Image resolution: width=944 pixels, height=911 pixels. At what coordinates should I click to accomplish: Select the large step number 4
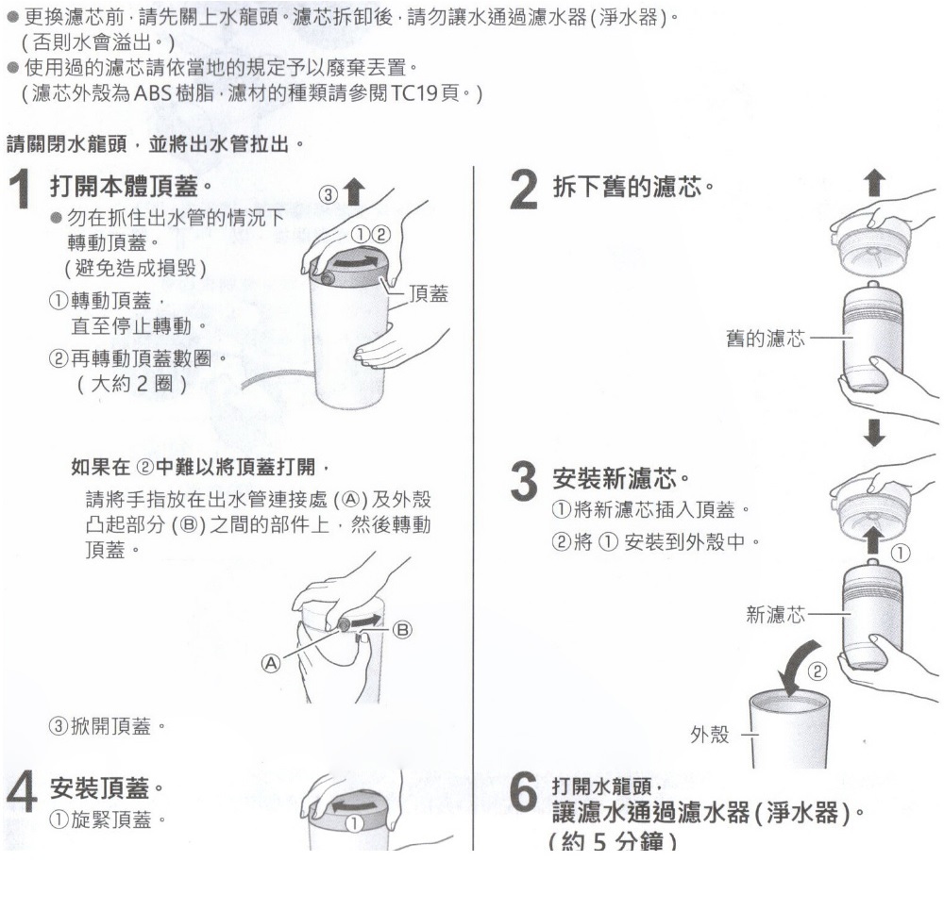(21, 794)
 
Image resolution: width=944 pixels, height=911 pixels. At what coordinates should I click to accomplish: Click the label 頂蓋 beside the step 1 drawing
(429, 294)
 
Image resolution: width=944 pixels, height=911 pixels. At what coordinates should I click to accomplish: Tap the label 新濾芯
(776, 615)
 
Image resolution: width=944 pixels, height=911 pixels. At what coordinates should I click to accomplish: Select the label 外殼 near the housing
(712, 735)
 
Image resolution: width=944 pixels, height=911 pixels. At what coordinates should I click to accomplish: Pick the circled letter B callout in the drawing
(400, 630)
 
